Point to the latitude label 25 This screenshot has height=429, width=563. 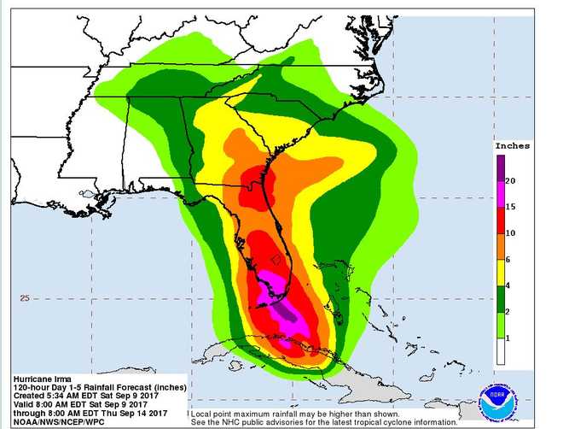coord(25,298)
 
